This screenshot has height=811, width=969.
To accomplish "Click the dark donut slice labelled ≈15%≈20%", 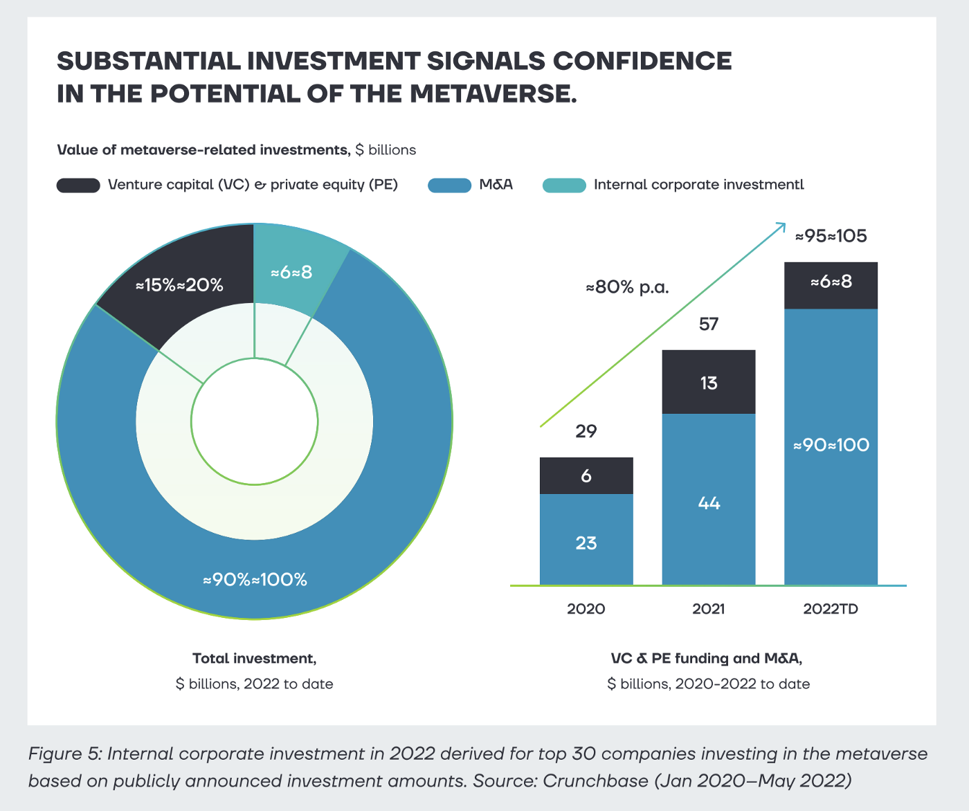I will (180, 284).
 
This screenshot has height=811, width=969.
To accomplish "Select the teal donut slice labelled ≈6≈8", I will (292, 272).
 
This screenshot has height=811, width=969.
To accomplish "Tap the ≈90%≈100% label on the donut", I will (255, 580).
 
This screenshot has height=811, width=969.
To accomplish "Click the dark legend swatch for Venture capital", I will (78, 185).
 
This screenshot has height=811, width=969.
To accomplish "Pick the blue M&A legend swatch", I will (449, 185).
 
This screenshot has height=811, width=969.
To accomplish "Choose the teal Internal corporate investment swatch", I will (564, 185).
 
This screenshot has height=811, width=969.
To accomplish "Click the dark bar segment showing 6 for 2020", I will (586, 475).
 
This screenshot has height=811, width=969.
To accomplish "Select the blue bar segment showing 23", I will (586, 543).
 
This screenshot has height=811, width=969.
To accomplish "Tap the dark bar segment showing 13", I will (709, 383).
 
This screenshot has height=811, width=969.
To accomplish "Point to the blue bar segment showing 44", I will (709, 503).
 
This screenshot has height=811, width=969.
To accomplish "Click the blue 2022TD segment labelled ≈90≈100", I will (831, 445).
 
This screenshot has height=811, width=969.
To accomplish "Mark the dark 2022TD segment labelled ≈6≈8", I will (831, 282).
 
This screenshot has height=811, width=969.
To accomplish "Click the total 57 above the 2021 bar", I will (709, 324).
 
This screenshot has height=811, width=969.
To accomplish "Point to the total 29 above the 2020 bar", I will (586, 431).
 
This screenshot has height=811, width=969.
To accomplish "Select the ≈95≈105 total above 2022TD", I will (831, 236).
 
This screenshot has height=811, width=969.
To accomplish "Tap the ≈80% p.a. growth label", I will (628, 287).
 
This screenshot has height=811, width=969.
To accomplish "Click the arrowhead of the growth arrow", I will (782, 225).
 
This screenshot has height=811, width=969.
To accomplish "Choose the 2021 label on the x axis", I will (709, 609).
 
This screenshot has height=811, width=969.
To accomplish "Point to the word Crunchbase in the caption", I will (593, 781).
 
